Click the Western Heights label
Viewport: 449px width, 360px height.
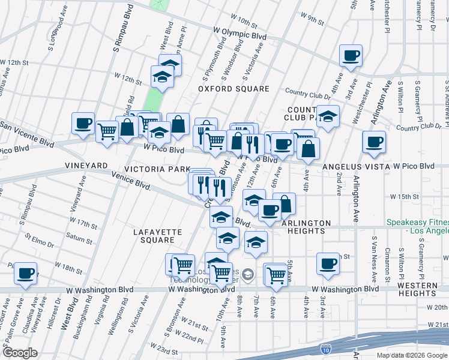point(417,289)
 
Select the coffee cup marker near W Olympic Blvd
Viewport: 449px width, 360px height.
point(351,56)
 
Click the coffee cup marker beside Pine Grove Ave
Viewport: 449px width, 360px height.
point(26,273)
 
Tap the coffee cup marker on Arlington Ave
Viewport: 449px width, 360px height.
point(374,142)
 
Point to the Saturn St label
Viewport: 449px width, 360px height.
point(80,240)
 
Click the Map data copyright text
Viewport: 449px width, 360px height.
point(412,355)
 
